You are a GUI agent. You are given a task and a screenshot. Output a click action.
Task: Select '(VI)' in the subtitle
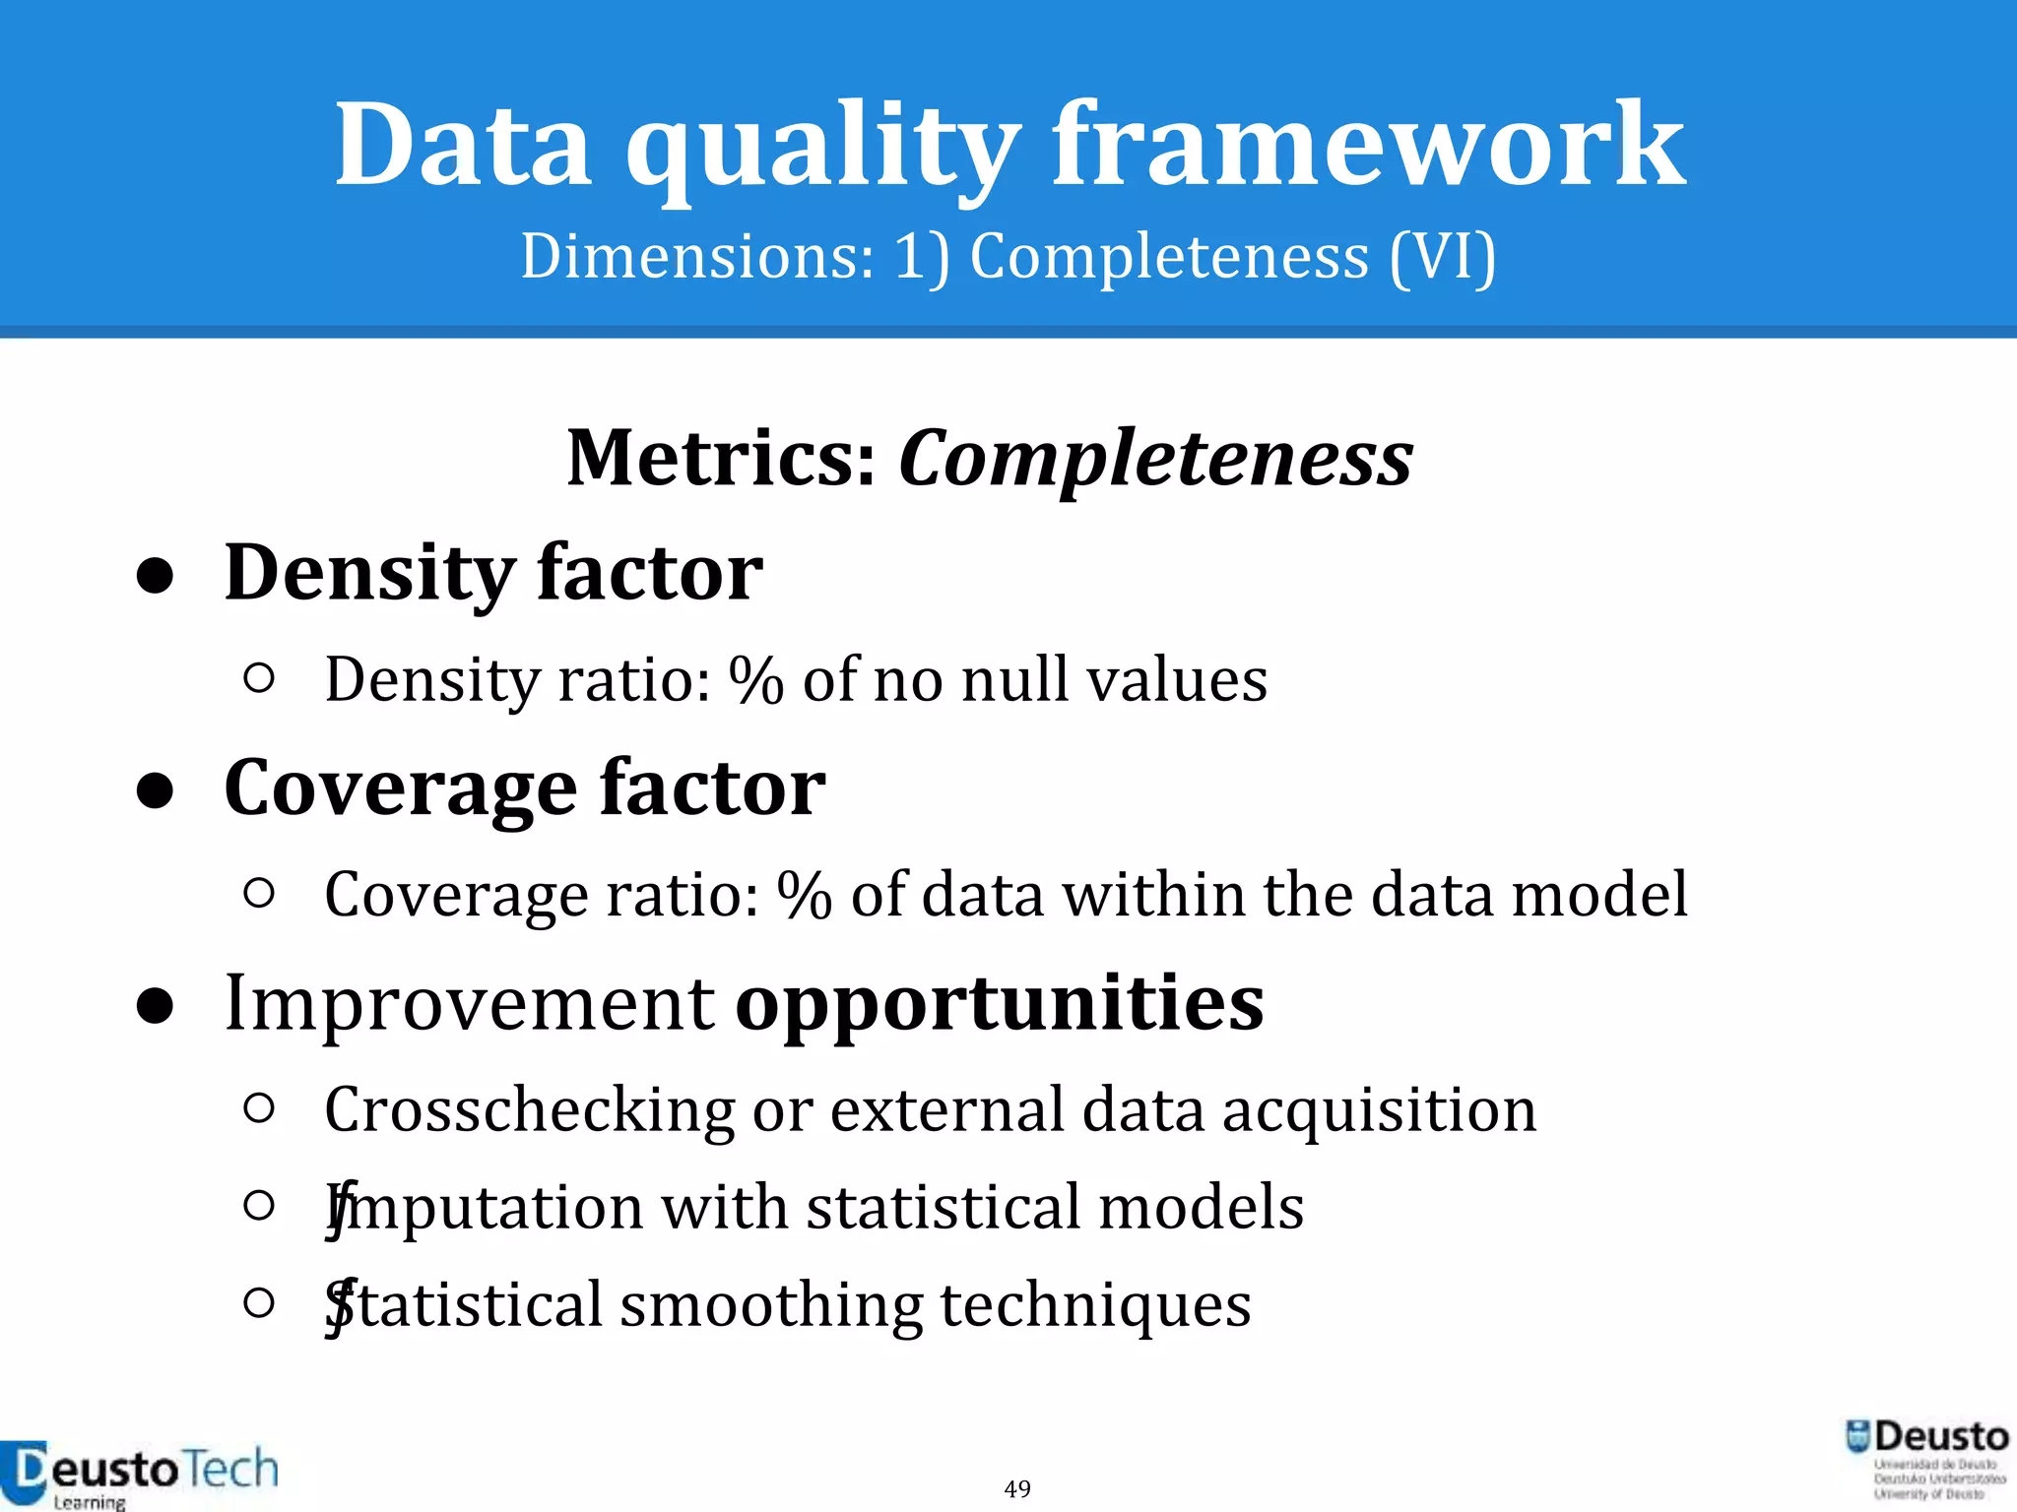[1442, 258]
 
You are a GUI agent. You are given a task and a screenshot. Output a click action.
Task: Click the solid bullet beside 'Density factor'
[156, 577]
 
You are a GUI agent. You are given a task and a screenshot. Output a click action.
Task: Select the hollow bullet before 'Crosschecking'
[258, 1108]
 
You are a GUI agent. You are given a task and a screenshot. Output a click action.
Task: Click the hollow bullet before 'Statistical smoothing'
[258, 1302]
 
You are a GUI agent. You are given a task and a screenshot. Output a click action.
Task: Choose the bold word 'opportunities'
[999, 1004]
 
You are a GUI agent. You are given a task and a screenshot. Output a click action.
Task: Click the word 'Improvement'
[470, 1004]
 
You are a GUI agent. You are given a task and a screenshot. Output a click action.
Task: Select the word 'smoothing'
[770, 1305]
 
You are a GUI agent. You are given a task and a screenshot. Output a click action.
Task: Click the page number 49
[1017, 1488]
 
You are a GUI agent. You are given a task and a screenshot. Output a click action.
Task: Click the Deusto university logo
[1926, 1458]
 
